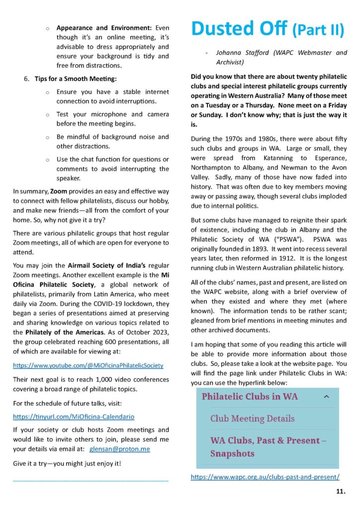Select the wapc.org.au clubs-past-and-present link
pyautogui.click(x=265, y=477)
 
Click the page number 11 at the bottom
pyautogui.click(x=341, y=492)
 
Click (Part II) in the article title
pyautogui.click(x=318, y=30)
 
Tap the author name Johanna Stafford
pyautogui.click(x=246, y=52)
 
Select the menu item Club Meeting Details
pyautogui.click(x=252, y=419)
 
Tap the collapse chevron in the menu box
pyautogui.click(x=326, y=397)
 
